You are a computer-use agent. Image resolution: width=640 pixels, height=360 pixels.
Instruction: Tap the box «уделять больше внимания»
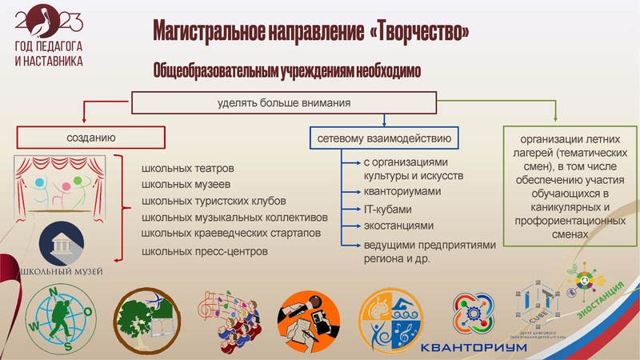(284, 103)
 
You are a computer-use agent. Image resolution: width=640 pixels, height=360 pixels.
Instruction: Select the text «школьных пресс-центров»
(204, 252)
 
